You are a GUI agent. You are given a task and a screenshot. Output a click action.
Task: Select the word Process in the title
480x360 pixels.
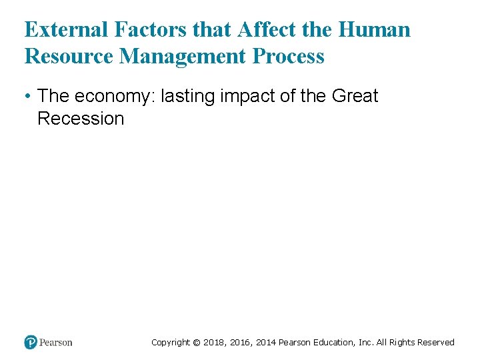[289, 57]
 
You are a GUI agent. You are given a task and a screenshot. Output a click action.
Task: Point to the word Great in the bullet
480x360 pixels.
[354, 96]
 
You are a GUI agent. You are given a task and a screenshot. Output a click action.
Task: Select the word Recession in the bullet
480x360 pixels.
[81, 119]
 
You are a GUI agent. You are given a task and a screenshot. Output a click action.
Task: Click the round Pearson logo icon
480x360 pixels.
[31, 343]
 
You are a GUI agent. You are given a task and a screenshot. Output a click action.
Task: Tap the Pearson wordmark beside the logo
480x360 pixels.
[56, 343]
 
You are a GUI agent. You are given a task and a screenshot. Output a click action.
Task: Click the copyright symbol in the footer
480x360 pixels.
[196, 343]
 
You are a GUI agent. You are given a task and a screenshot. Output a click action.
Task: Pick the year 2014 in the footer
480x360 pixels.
[264, 343]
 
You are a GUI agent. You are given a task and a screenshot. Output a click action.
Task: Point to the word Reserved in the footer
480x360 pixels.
[434, 343]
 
